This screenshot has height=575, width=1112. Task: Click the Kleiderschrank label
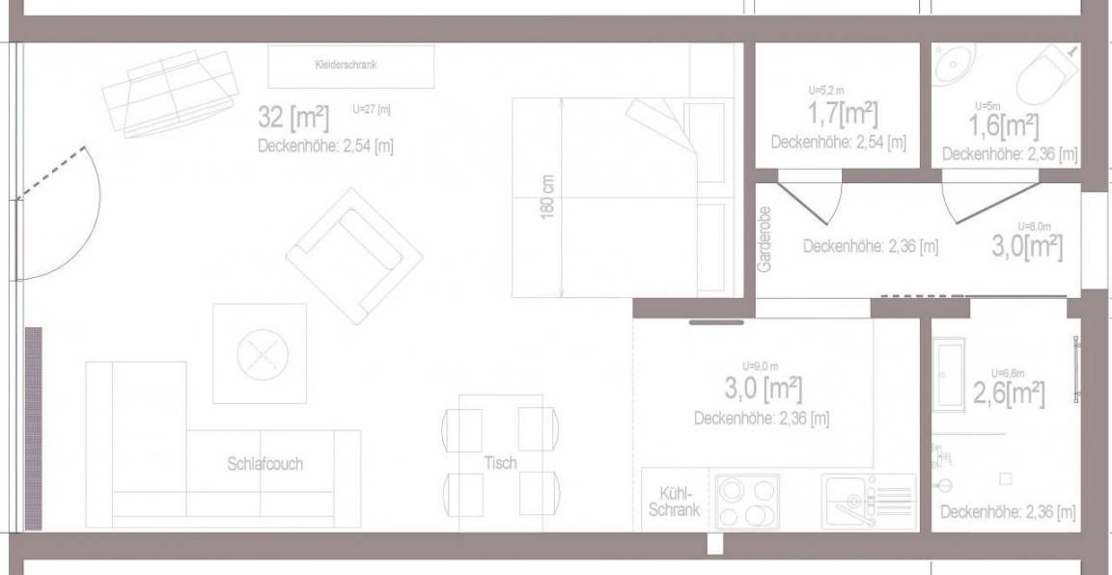pos(347,65)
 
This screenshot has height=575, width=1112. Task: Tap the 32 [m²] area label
pos(293,117)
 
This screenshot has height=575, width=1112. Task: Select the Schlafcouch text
pos(265,464)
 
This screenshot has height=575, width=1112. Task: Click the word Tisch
pos(501,463)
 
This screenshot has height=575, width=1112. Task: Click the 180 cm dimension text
pos(547,197)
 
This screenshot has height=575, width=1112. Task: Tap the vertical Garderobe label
pos(764,239)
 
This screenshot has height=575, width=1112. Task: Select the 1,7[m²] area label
pos(843,114)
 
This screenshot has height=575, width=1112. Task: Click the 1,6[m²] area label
pos(1004,126)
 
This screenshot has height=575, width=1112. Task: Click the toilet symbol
pos(1046,73)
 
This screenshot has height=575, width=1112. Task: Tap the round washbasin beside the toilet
pos(955,66)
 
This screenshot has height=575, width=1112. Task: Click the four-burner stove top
pos(747,502)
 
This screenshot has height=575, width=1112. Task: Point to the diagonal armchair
pos(354,256)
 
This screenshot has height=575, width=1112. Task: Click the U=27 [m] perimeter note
pos(372,109)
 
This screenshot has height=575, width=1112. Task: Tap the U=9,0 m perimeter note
pos(761,366)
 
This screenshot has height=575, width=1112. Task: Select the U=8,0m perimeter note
pos(1034,226)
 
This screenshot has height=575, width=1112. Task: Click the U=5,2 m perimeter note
pos(826,90)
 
